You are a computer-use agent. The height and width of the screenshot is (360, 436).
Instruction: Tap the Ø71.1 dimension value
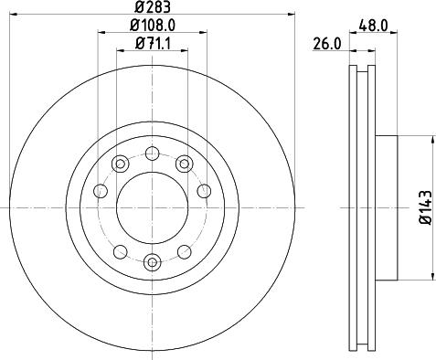point(151,43)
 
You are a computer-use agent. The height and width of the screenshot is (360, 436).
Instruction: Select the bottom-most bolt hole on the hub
point(152,263)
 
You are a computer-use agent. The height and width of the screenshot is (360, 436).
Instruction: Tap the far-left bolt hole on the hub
point(101,192)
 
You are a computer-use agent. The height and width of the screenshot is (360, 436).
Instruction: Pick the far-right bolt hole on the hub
point(203,192)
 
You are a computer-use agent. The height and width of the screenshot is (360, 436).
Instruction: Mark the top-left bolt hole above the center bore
point(120,164)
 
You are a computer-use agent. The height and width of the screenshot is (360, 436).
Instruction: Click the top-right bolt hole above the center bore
point(185,164)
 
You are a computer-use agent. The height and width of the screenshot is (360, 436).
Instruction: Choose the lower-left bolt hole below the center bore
point(120,250)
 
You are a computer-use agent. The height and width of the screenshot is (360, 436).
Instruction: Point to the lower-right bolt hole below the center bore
point(185,250)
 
